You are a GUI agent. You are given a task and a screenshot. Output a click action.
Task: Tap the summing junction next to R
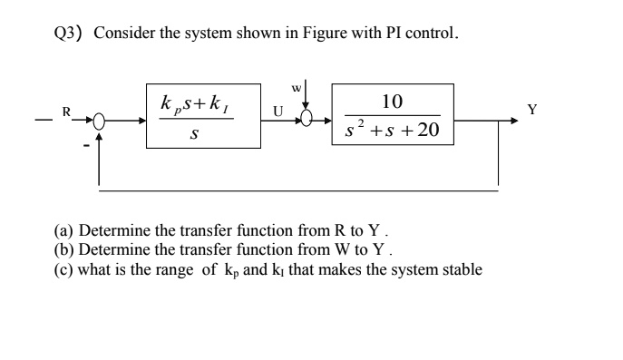(99, 119)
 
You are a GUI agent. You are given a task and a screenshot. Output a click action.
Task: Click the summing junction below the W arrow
(307, 120)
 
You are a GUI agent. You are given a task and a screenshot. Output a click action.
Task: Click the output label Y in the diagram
(532, 111)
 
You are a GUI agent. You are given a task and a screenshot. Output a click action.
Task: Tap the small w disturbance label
(296, 89)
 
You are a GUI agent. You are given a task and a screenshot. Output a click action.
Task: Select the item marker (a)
(64, 231)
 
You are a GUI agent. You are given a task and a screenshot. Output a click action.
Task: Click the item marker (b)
(64, 250)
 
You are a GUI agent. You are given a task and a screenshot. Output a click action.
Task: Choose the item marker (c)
(64, 269)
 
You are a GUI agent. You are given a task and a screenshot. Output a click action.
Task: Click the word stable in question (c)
(461, 269)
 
